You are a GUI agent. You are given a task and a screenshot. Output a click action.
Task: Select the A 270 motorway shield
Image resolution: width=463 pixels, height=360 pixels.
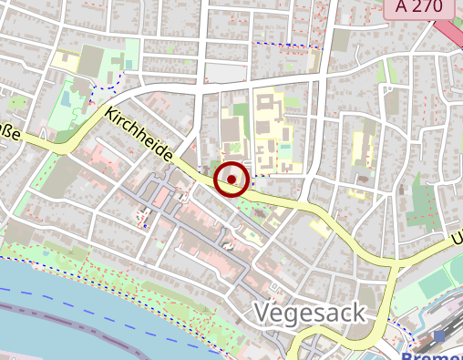pyautogui.click(x=419, y=7)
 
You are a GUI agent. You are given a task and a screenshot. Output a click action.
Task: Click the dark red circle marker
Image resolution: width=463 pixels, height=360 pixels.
pyautogui.click(x=232, y=180)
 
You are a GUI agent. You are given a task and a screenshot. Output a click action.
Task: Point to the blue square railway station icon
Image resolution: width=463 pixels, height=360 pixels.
pyautogui.click(x=440, y=337)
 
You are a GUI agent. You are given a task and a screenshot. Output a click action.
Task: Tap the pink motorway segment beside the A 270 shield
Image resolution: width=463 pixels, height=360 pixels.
pyautogui.click(x=449, y=32)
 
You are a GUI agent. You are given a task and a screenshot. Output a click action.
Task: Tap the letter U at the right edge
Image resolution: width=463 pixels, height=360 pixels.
pyautogui.click(x=457, y=240)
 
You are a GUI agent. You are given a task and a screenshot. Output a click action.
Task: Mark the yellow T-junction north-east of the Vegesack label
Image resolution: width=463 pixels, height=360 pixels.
pyautogui.click(x=396, y=262)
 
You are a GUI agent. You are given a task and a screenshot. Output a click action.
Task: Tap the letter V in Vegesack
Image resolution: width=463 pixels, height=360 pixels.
pyautogui.click(x=263, y=313)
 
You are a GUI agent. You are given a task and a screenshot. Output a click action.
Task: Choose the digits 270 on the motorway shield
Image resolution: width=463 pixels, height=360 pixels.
pyautogui.click(x=428, y=7)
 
